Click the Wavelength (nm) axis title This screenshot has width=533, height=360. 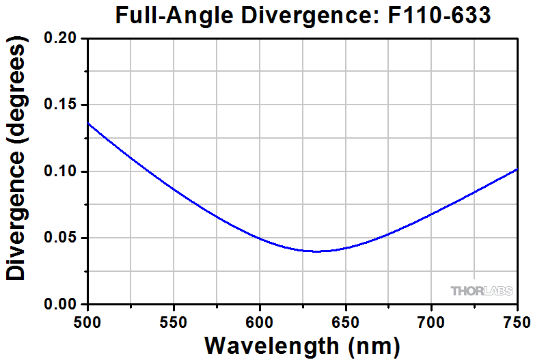pyautogui.click(x=301, y=345)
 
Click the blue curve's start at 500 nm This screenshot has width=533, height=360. pyautogui.click(x=88, y=123)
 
